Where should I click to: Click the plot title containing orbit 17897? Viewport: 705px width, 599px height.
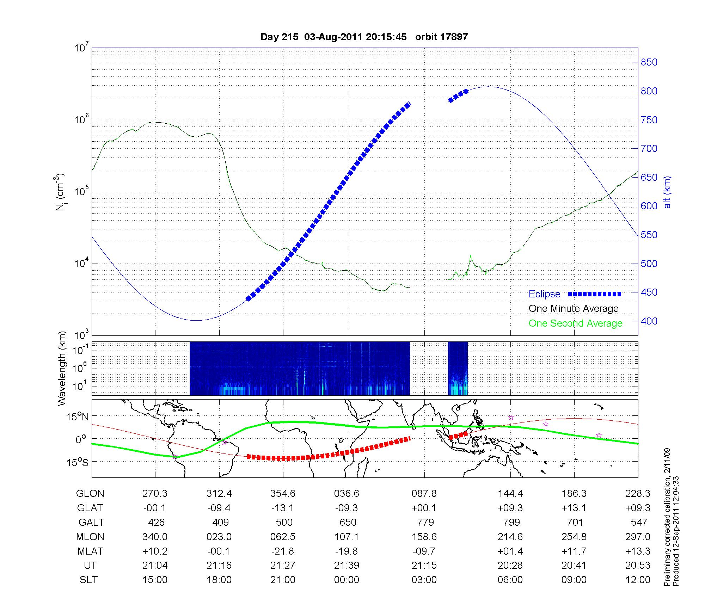[x=364, y=37]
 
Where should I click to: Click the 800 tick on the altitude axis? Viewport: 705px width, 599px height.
[x=649, y=91]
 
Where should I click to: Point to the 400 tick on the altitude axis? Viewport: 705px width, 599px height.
[x=649, y=321]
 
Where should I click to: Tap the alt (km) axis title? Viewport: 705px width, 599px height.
[x=667, y=192]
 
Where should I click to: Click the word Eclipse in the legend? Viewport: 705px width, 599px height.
[x=544, y=294]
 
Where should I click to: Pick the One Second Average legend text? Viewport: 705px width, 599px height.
[x=575, y=323]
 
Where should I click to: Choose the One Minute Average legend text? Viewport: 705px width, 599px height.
[x=574, y=309]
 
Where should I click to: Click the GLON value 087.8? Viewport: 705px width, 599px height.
[x=424, y=494]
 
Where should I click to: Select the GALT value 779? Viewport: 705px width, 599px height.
[x=424, y=522]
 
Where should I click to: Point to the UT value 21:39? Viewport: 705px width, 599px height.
[x=347, y=566]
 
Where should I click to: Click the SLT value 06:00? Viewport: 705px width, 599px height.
[x=510, y=580]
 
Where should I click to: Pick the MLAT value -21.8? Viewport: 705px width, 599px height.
[x=283, y=551]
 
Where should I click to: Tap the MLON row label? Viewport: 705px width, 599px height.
[x=90, y=537]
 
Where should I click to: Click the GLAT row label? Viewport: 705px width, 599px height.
[x=90, y=508]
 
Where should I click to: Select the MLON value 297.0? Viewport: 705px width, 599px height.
[x=638, y=537]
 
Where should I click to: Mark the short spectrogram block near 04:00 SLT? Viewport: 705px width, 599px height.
[x=458, y=368]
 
